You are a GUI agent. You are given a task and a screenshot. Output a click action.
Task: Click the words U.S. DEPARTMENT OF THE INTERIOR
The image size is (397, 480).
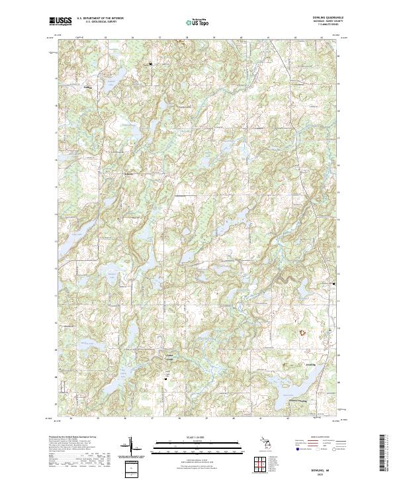point(100,19)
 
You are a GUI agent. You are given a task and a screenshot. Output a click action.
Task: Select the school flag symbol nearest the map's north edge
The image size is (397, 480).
point(151,63)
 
